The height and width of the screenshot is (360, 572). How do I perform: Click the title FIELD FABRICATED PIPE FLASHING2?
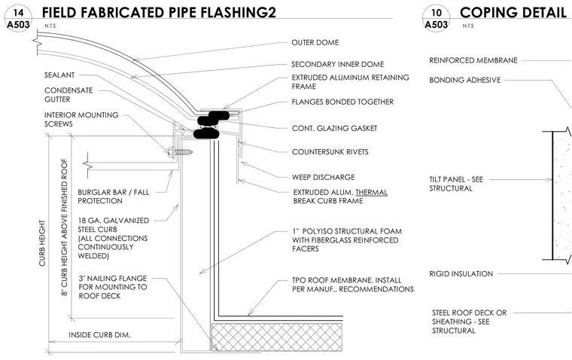point(159,12)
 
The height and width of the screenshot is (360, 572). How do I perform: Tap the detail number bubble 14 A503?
point(18,19)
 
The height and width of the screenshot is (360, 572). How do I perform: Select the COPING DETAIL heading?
point(513,12)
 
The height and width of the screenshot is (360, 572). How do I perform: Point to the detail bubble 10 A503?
point(436,19)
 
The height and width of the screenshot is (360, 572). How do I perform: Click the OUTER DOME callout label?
point(315,42)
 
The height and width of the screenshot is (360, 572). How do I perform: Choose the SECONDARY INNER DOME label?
point(337,64)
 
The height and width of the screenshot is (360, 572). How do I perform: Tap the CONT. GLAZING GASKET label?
point(334,128)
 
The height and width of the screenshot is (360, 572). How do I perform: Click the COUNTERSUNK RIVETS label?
point(330,152)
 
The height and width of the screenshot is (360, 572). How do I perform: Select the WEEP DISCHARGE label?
point(323,177)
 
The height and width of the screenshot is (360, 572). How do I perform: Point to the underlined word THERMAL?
point(371,192)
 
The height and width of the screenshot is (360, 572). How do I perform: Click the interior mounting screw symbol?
point(180,151)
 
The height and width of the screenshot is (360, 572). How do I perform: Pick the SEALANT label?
point(59,75)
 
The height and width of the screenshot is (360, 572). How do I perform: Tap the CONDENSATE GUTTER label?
point(68,95)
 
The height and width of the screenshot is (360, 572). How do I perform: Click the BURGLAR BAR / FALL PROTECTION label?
point(114,197)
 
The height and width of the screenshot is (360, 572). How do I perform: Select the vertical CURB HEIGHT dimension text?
point(43,243)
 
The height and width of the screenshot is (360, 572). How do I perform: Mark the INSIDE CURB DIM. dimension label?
point(99,335)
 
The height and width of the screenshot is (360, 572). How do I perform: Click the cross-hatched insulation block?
point(277,337)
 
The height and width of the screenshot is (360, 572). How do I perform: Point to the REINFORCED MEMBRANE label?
point(473,60)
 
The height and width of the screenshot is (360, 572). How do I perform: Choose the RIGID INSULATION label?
point(461,273)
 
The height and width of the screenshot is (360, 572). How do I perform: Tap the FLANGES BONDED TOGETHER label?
point(342,102)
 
